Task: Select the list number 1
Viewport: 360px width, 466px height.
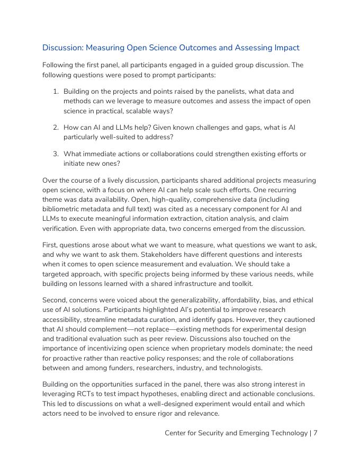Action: point(56,92)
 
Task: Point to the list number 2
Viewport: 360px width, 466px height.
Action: point(56,128)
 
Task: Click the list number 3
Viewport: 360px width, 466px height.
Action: point(56,154)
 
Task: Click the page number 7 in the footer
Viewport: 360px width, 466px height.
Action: point(315,433)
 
